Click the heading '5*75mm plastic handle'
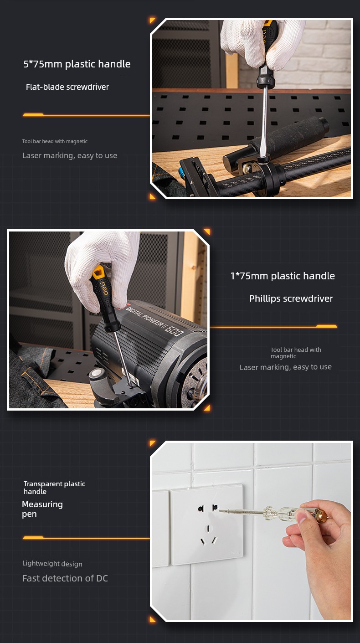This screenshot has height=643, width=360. (x=77, y=64)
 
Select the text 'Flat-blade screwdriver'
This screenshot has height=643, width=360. (x=67, y=87)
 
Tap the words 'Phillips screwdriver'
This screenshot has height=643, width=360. (x=291, y=298)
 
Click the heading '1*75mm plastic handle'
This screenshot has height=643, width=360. (x=283, y=276)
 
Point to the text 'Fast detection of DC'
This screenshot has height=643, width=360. (x=65, y=578)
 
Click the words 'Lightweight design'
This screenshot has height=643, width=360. (x=52, y=564)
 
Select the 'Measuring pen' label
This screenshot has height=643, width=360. (x=42, y=509)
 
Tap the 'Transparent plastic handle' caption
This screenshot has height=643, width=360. (x=54, y=488)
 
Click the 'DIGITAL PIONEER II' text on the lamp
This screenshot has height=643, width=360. (x=146, y=318)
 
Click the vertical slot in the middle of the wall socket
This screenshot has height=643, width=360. (x=208, y=529)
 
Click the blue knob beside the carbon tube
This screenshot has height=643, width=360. (x=182, y=173)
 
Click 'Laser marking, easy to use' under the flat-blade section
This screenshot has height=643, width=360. (x=70, y=155)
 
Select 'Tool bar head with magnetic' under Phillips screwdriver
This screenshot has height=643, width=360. (x=296, y=353)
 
